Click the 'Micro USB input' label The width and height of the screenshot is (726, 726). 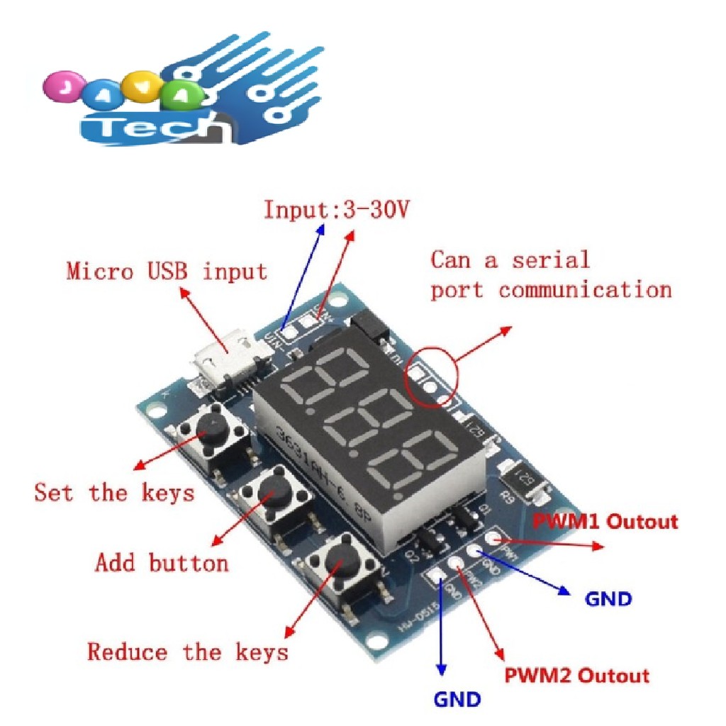pyautogui.click(x=167, y=271)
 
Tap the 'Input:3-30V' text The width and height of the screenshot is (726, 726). pyautogui.click(x=337, y=209)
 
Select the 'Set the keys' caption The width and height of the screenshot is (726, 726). pyautogui.click(x=113, y=491)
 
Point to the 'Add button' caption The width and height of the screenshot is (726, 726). pyautogui.click(x=162, y=563)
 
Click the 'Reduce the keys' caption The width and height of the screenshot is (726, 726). pyautogui.click(x=188, y=652)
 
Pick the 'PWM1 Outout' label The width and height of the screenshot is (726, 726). pyautogui.click(x=605, y=522)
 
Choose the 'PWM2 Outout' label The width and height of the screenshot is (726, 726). pyautogui.click(x=576, y=675)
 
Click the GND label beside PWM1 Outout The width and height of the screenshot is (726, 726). pyautogui.click(x=608, y=599)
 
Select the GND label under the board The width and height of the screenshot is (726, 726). pyautogui.click(x=457, y=700)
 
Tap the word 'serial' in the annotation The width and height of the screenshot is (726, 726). pyautogui.click(x=551, y=259)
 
